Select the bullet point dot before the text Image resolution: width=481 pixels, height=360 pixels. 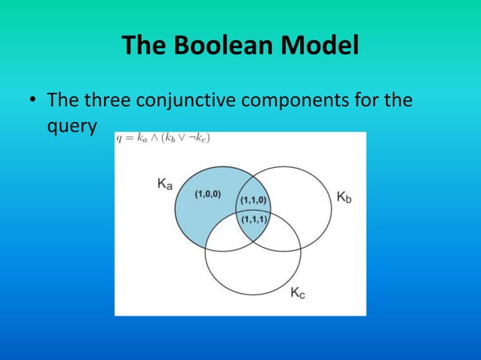(x=32, y=100)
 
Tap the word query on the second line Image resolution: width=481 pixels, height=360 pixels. (x=71, y=127)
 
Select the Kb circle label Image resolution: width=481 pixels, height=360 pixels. (x=343, y=197)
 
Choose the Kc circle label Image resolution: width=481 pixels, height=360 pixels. (x=299, y=293)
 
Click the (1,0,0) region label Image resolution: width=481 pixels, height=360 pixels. (x=207, y=194)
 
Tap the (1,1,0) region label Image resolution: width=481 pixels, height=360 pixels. (x=253, y=200)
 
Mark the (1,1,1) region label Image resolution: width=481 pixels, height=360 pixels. (x=253, y=218)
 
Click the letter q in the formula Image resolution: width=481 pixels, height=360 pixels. (x=118, y=139)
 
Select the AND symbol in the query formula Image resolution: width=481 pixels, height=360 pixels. (x=153, y=138)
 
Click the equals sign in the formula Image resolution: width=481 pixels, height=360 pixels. (x=128, y=138)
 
